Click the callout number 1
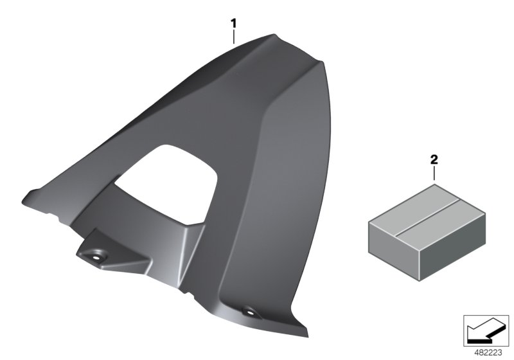[x=235, y=23]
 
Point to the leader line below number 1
[x=235, y=36]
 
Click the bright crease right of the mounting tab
[x=186, y=244]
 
